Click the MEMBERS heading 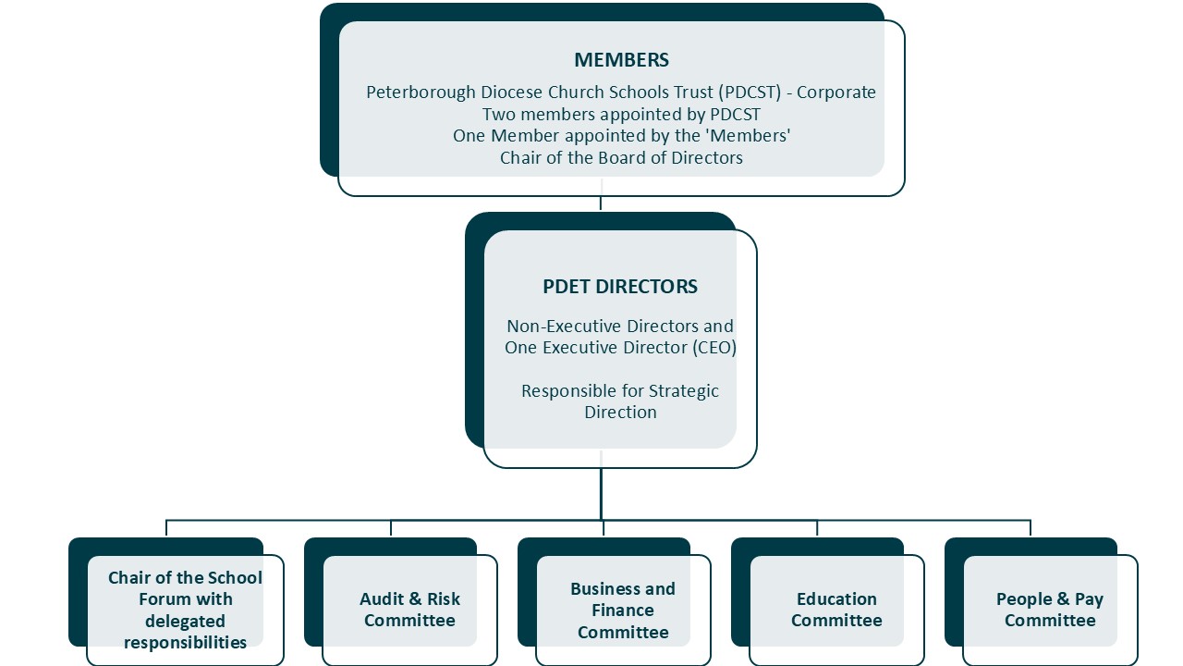click(621, 60)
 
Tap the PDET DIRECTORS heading click(620, 287)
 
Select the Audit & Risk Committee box click(409, 610)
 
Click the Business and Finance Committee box click(623, 610)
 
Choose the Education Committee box click(836, 610)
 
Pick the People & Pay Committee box click(1050, 610)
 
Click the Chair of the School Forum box click(185, 610)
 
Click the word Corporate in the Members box click(836, 92)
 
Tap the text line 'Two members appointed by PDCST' click(621, 115)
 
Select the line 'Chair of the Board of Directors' click(621, 158)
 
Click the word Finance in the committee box click(623, 610)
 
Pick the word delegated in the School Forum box click(185, 621)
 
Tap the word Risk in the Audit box click(443, 599)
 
